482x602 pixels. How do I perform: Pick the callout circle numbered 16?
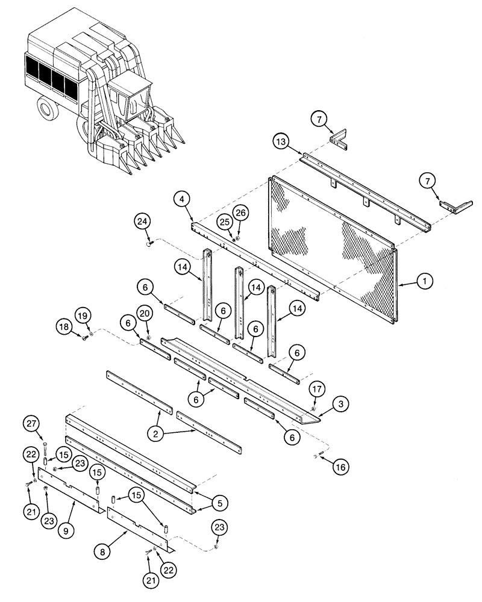coord(340,465)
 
